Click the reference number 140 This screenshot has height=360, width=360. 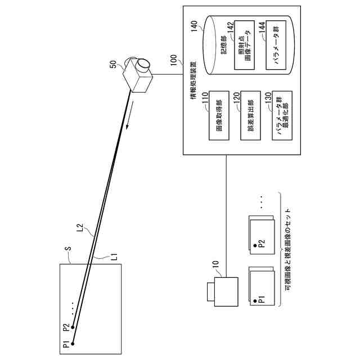pyautogui.click(x=194, y=26)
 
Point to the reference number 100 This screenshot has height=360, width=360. pyautogui.click(x=174, y=60)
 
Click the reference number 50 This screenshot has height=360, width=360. pyautogui.click(x=113, y=64)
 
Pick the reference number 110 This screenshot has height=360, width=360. pyautogui.click(x=205, y=97)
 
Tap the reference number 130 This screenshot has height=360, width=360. pyautogui.click(x=268, y=97)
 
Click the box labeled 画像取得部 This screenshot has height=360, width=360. pyautogui.click(x=219, y=115)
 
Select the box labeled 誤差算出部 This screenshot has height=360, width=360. pyautogui.click(x=250, y=115)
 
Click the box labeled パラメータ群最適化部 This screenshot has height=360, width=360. pyautogui.click(x=282, y=115)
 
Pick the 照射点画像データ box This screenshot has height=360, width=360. pyautogui.click(x=244, y=45)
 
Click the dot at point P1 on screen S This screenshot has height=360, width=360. pyautogui.click(x=73, y=344)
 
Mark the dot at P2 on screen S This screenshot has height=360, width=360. pyautogui.click(x=73, y=327)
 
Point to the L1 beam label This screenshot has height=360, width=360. pyautogui.click(x=114, y=256)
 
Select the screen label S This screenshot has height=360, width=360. pyautogui.click(x=69, y=249)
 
